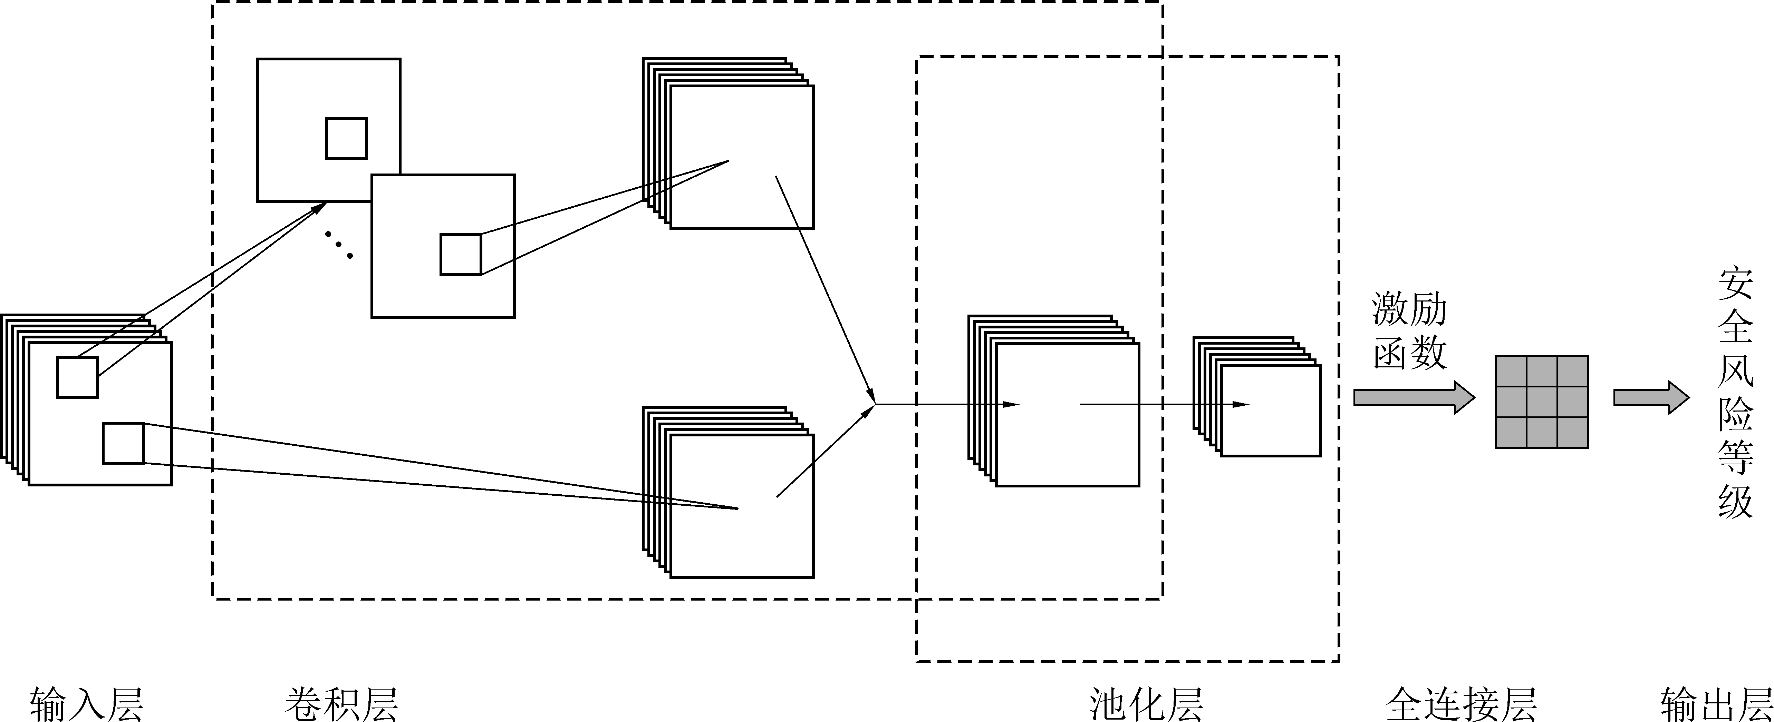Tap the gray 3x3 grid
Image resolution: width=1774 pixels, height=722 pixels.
point(1541,402)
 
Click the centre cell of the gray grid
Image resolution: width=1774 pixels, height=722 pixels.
point(1541,402)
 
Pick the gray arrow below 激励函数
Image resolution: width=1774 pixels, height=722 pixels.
point(1413,398)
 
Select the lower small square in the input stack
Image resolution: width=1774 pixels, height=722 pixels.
point(123,443)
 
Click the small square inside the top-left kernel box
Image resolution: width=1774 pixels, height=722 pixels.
point(346,138)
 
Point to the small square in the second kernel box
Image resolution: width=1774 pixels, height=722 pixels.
point(461,255)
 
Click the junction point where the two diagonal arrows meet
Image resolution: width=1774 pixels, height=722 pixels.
point(875,404)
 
